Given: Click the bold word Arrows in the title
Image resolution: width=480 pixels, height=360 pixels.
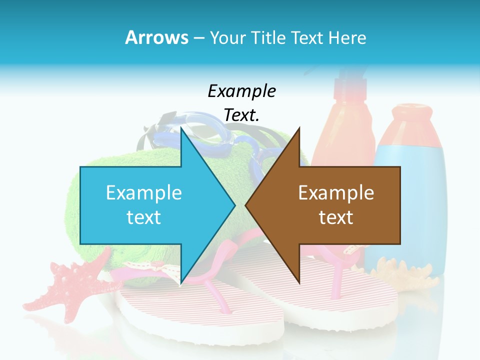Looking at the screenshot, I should pyautogui.click(x=157, y=37).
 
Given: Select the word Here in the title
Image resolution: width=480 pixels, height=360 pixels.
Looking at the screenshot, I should pyautogui.click(x=348, y=37).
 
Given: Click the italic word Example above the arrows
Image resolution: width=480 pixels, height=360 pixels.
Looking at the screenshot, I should pyautogui.click(x=241, y=91).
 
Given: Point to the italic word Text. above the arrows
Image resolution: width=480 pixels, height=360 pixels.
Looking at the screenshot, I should pyautogui.click(x=241, y=115).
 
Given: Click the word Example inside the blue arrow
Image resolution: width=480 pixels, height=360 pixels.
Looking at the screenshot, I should pyautogui.click(x=144, y=192).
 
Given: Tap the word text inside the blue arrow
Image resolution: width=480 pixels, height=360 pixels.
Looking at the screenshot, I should pyautogui.click(x=143, y=217).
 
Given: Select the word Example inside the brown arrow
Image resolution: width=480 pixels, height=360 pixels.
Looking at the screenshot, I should pyautogui.click(x=336, y=192).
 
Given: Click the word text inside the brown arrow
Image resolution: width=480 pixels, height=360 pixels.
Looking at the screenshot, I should pyautogui.click(x=336, y=217).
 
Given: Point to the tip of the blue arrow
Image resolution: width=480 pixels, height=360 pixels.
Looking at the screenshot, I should pyautogui.click(x=234, y=205).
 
